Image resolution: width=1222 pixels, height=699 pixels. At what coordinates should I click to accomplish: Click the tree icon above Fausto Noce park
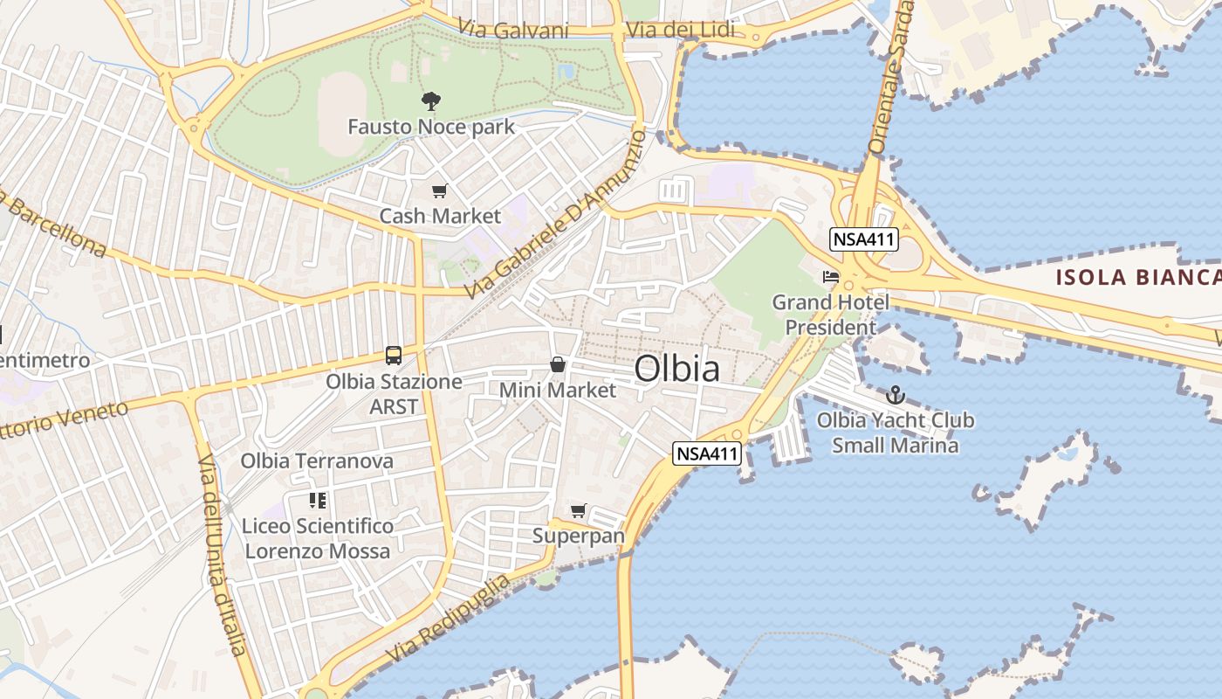point(430,101)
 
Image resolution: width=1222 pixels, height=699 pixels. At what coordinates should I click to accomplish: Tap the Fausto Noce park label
point(431,127)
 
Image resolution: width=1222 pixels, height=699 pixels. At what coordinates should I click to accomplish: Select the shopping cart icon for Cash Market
point(439,190)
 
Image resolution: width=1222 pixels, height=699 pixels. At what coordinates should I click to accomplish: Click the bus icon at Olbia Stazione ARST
point(394,356)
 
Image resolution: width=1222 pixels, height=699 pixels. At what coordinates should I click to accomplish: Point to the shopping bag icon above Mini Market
point(557,364)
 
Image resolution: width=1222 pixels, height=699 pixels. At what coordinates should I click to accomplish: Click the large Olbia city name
point(677,369)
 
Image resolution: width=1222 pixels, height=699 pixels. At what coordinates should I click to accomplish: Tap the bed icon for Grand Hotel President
point(830,277)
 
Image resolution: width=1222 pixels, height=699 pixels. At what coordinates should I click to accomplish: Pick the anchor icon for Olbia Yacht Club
point(895,395)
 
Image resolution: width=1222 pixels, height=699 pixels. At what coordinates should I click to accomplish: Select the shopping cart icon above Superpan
point(578,510)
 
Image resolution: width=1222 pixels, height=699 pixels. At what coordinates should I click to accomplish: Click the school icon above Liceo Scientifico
point(317,501)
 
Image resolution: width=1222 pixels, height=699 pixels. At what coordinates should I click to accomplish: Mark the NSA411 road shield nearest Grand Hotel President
point(864,239)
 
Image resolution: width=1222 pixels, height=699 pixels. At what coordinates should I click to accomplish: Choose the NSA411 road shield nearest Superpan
point(707,453)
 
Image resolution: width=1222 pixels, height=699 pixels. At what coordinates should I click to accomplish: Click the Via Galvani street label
point(512,31)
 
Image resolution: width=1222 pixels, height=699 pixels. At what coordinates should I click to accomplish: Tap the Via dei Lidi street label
point(680,31)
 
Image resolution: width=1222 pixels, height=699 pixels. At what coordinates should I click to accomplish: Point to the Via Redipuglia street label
point(448,619)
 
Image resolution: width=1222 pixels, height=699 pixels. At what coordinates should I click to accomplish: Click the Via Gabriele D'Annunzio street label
point(555,212)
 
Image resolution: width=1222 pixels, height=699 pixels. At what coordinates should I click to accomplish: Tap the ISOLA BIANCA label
point(1137,278)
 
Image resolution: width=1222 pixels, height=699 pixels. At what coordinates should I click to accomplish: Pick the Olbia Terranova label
point(317,460)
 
